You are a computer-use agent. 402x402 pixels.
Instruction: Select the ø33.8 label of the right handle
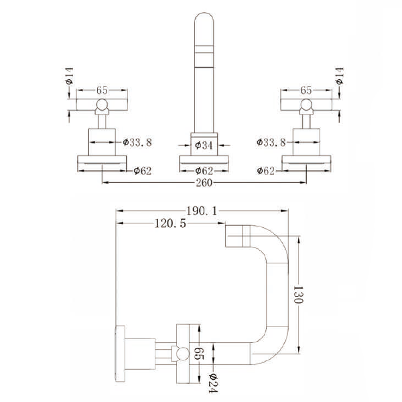[x=271, y=142]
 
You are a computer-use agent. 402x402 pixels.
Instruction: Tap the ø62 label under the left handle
[x=142, y=171]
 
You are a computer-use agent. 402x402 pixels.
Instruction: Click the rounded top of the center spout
[x=203, y=23]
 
